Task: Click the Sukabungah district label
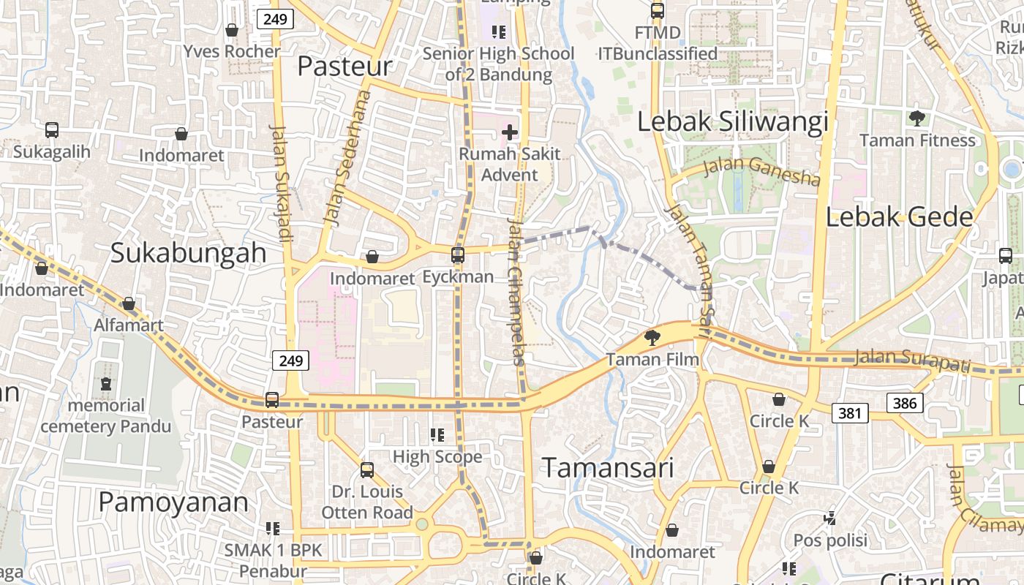[188, 253]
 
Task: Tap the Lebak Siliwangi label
[733, 122]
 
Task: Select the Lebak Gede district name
[900, 217]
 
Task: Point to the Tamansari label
[608, 468]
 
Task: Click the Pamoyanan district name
[173, 502]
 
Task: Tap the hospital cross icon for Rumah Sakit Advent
[510, 132]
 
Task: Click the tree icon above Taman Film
[652, 337]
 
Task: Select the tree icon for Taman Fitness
[916, 118]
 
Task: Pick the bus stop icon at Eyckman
[458, 255]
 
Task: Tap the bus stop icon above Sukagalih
[51, 130]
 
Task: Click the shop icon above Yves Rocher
[232, 30]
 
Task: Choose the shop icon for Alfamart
[129, 303]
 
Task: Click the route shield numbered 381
[850, 413]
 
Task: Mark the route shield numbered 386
[906, 402]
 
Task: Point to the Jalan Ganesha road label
[761, 173]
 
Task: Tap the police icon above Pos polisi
[830, 518]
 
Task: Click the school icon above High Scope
[437, 436]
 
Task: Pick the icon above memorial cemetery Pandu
[106, 384]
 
